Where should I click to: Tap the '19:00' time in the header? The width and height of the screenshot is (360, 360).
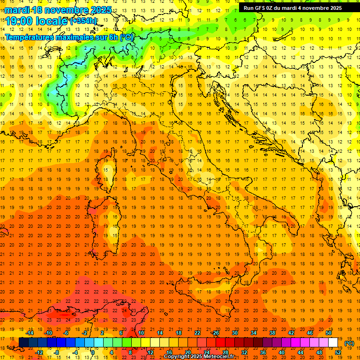click(18, 21)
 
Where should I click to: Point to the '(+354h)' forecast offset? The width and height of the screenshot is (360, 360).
click(83, 21)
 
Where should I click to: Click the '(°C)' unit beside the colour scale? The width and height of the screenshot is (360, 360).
click(349, 343)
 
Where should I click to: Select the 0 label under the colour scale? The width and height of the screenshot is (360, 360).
click(93, 352)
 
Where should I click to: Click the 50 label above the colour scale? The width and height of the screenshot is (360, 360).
click(329, 333)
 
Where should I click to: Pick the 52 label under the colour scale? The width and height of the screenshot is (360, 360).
click(338, 352)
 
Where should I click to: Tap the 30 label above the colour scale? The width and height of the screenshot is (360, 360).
click(234, 333)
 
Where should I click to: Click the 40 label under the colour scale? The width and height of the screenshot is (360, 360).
click(281, 352)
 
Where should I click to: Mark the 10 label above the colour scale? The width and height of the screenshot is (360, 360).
click(141, 333)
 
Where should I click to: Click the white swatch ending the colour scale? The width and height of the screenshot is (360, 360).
click(333, 343)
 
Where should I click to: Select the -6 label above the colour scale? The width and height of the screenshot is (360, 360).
click(66, 333)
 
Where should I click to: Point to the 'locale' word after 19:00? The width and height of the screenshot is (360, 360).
click(53, 21)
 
